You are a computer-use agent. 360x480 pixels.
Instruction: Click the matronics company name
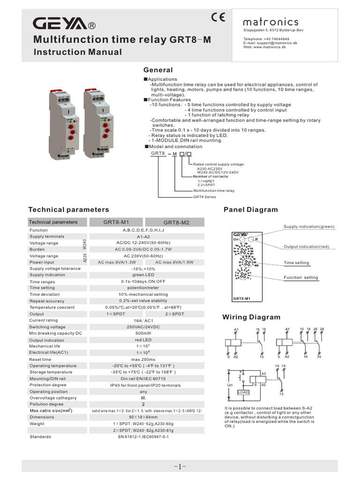click(x=270, y=22)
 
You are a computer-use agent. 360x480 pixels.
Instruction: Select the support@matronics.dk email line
click(x=270, y=43)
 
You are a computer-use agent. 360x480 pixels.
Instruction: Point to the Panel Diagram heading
click(x=251, y=210)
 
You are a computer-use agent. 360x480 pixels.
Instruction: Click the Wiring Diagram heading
click(x=251, y=317)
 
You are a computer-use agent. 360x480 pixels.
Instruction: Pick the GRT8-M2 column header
click(x=176, y=223)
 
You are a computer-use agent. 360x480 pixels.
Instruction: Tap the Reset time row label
click(x=40, y=359)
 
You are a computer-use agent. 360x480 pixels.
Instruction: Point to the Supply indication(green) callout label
click(x=309, y=227)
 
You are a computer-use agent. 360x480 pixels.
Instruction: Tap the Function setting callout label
click(x=301, y=277)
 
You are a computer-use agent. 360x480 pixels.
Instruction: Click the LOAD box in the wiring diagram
click(x=243, y=392)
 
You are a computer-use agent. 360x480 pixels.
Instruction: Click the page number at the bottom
click(x=180, y=466)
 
